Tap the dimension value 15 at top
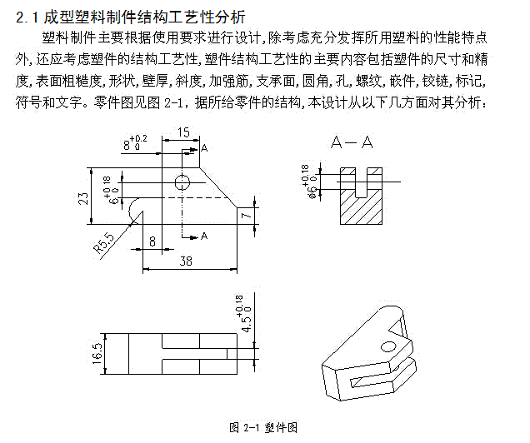183,132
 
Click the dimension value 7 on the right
245,215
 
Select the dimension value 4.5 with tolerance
243,314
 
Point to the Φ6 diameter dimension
309,182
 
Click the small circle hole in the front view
182,181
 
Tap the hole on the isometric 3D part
388,346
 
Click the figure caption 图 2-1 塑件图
264,427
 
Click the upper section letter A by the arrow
204,148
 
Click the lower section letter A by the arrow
204,236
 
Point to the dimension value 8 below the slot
152,241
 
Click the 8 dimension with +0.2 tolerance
133,142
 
